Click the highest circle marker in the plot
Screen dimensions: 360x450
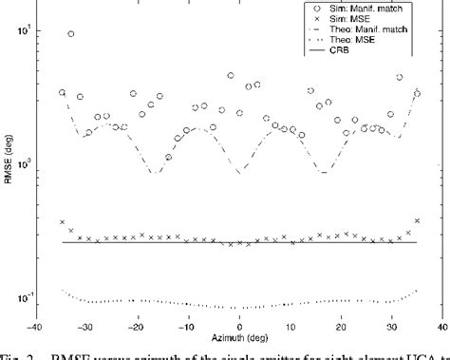pos(71,34)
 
